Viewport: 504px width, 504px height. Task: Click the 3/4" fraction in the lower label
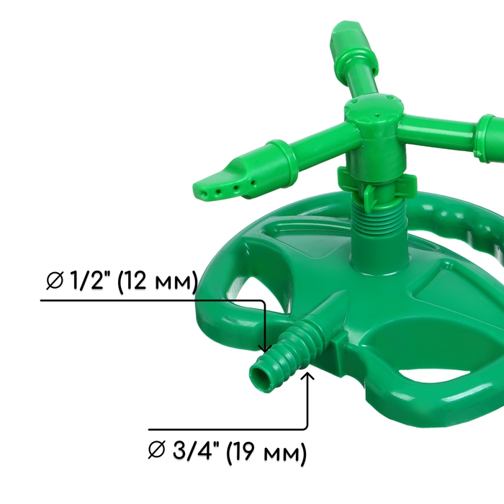(x=195, y=450)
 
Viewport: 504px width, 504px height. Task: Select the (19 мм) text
(x=266, y=452)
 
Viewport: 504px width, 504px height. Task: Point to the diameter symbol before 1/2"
(x=54, y=280)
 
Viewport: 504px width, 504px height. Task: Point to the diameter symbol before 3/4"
(x=157, y=450)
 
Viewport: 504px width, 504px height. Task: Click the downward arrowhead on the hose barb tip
(x=265, y=348)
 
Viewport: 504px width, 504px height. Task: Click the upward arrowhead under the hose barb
(x=307, y=375)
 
